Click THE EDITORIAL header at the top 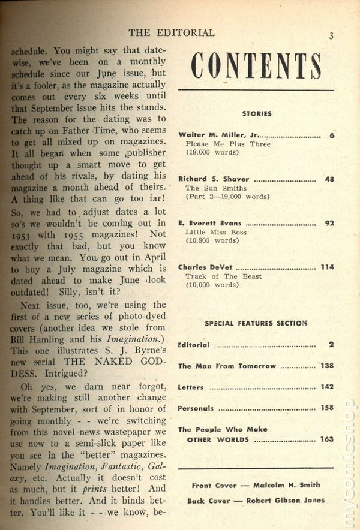click(x=172, y=32)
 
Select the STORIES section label click(x=257, y=113)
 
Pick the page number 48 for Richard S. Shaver click(x=329, y=179)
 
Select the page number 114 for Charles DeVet click(x=327, y=267)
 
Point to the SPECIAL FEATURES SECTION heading click(x=256, y=323)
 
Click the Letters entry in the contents click(x=191, y=387)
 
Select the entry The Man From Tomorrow click(x=227, y=366)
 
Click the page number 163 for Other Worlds click(x=327, y=439)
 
